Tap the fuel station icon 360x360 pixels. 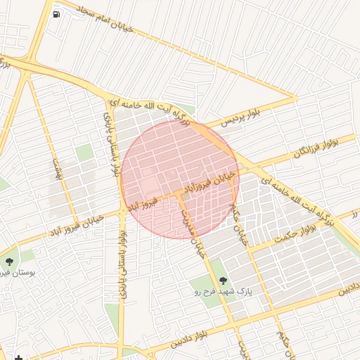(56, 13)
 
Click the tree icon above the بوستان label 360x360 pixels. (9, 261)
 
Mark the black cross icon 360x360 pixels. (18, 359)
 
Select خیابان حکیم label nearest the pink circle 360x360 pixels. (240, 225)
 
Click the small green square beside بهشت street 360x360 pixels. (84, 153)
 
